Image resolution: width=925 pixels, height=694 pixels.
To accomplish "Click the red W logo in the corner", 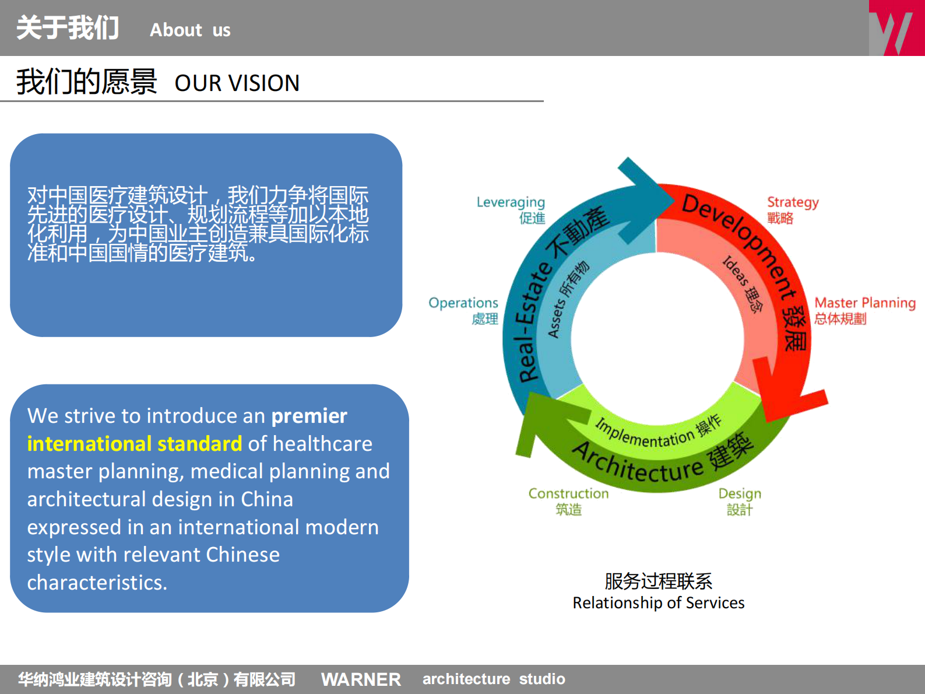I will [896, 28].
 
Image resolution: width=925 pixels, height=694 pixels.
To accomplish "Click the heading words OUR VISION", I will [237, 83].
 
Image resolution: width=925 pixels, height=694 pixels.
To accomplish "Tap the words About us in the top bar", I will [190, 30].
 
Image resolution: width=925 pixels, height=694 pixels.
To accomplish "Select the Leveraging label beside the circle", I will [511, 202].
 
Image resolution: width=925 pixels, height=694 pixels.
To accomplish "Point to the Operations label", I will [463, 303].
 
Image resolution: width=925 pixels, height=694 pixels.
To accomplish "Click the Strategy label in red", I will [793, 202].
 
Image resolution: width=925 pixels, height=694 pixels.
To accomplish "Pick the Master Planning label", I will [864, 303].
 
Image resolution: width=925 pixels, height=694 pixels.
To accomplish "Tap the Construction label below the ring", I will [568, 494].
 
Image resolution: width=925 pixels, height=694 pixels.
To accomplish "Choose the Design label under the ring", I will [740, 494].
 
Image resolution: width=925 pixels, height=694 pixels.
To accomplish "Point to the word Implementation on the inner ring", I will [644, 434].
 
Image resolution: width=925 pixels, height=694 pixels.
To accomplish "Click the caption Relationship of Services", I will [658, 603].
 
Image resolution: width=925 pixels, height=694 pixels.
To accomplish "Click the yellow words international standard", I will [134, 444].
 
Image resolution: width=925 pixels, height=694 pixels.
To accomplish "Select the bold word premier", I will [309, 416].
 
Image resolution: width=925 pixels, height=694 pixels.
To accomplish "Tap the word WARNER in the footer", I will [361, 679].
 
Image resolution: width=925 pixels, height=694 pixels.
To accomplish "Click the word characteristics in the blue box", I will [97, 583].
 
